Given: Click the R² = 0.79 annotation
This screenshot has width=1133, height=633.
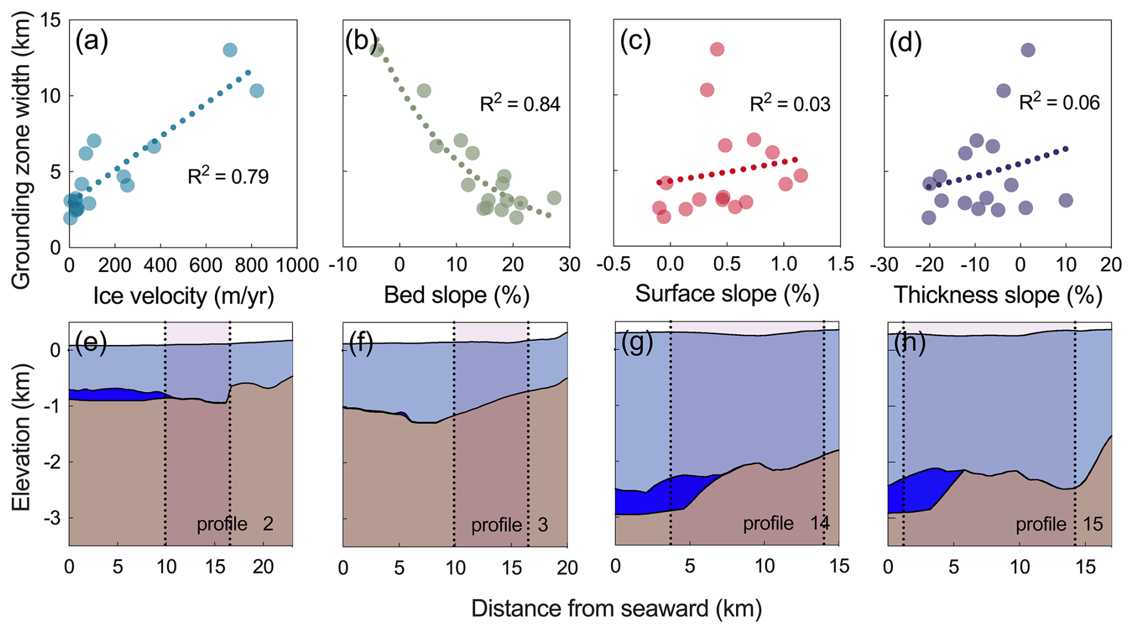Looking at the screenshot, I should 228,177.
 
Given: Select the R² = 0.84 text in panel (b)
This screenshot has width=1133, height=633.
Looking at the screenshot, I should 520,104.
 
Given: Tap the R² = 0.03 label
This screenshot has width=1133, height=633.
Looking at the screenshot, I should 790,104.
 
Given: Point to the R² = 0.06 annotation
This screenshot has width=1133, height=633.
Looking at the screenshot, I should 1059,102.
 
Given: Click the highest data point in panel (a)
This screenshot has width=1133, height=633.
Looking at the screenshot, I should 230,50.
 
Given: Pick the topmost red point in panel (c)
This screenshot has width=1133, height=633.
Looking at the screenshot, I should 717,49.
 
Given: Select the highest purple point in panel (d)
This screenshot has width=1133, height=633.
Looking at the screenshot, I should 1028,50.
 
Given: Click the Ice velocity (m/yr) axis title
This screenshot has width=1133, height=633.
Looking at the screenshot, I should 183,295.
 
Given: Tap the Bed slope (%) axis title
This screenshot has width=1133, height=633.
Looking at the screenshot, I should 456,295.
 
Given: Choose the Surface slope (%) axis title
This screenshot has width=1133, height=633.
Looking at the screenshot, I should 727,293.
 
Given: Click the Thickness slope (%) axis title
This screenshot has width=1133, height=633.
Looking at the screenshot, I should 998,295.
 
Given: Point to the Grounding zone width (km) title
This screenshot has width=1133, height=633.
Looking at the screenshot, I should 21,153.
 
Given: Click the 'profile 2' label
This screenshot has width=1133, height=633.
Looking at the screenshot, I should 235,524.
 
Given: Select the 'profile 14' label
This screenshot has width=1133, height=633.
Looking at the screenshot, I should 786,523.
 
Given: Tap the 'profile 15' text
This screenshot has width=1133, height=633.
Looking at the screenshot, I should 1059,524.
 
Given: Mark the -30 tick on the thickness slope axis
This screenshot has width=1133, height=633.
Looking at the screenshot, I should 884,265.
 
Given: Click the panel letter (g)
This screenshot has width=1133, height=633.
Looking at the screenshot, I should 637,344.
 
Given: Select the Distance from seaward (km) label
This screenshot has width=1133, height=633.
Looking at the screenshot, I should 616,608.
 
